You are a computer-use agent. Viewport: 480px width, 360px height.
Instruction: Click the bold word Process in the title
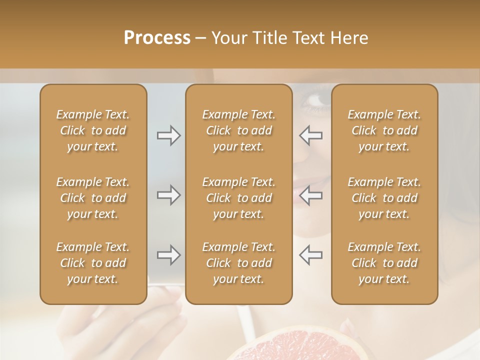pos(157,38)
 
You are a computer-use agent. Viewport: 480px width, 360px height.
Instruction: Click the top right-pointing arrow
pos(168,135)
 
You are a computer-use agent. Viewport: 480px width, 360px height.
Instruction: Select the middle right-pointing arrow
pos(168,194)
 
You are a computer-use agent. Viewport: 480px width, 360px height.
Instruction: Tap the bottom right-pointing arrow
pos(168,255)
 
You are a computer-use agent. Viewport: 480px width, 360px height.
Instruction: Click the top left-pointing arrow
pos(310,135)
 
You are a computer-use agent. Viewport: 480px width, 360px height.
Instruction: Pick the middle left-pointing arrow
pos(310,194)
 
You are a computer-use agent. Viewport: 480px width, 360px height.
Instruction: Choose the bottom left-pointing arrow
pos(310,254)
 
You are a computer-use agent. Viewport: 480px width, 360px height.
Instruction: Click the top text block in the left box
pos(93,130)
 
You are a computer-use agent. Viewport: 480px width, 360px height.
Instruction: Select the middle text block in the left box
pos(93,198)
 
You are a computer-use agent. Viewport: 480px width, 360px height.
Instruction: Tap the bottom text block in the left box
pos(93,263)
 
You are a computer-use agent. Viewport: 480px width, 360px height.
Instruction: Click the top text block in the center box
pos(239,130)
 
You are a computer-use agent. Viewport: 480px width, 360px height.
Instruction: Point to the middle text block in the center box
pos(239,198)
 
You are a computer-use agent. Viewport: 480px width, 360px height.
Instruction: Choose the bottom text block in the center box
pos(239,263)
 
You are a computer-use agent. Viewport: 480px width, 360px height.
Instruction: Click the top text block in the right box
pos(384,130)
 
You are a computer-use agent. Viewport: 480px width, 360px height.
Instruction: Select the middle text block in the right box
pos(384,198)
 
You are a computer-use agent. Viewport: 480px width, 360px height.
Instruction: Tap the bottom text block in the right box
pos(384,263)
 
